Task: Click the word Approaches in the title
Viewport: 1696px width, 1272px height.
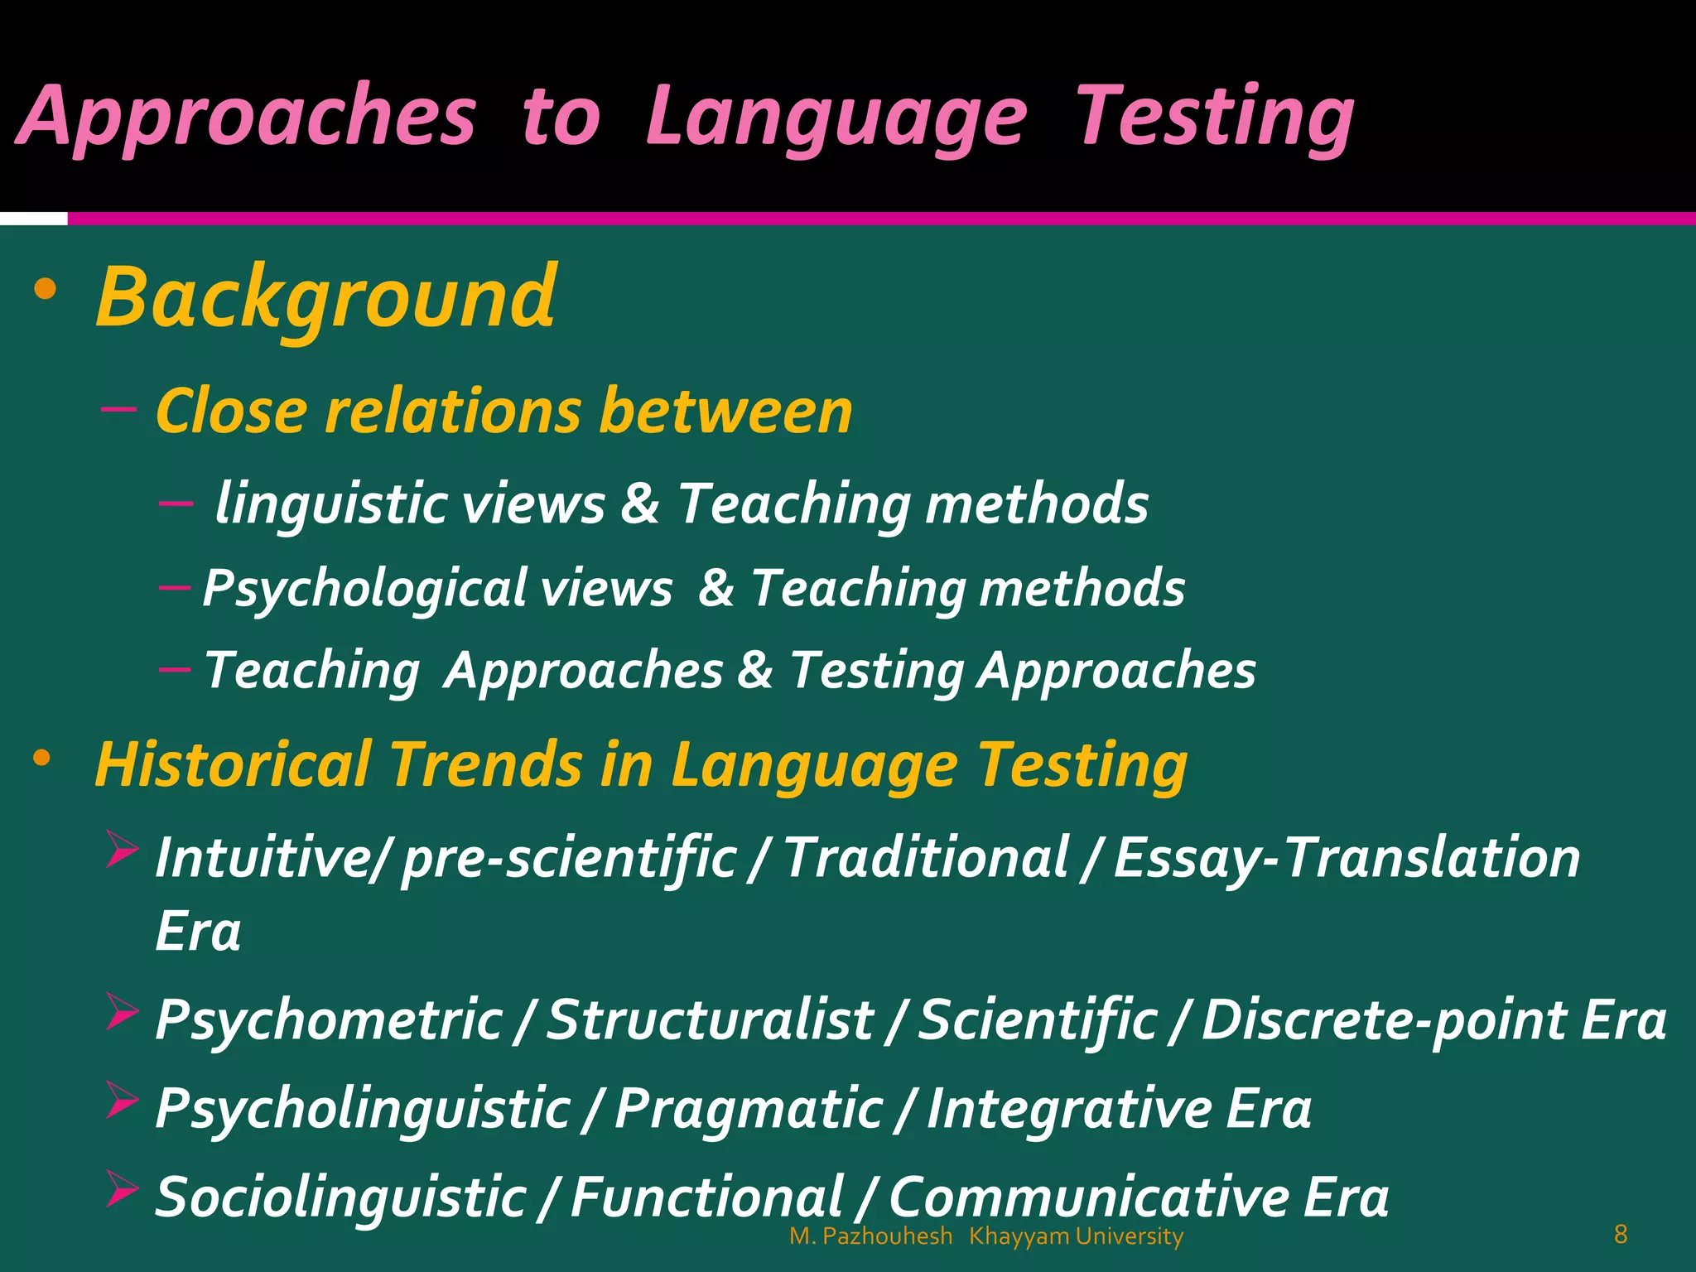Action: coord(246,118)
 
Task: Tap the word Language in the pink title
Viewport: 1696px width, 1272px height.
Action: coord(836,118)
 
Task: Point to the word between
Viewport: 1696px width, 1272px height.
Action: coord(725,411)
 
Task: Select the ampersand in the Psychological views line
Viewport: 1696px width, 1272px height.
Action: coord(715,588)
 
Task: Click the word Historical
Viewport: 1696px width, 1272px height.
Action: coord(233,764)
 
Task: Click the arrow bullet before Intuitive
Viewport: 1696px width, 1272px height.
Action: coord(121,850)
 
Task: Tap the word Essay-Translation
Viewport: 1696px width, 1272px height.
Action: coord(1347,858)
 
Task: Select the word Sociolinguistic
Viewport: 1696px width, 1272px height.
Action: coord(340,1197)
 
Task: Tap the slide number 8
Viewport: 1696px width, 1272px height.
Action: coord(1621,1235)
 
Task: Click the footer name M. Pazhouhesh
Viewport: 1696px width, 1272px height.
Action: coord(870,1236)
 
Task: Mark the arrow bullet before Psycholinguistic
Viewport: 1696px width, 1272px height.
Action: coord(121,1101)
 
